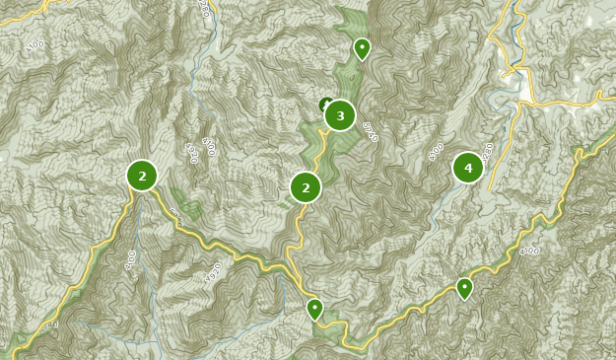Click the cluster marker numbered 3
[x=340, y=115]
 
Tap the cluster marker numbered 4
[x=468, y=168]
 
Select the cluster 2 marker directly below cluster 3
[x=306, y=187]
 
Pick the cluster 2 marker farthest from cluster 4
[x=142, y=176]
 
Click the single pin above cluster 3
[x=362, y=48]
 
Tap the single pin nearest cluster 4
[x=464, y=288]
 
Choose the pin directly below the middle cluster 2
[x=314, y=309]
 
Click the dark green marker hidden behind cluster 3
[x=325, y=105]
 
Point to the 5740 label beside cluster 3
[x=370, y=132]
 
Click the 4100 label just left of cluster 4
[x=436, y=152]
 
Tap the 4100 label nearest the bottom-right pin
[x=529, y=251]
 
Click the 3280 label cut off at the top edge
[x=203, y=7]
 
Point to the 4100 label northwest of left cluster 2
[x=34, y=45]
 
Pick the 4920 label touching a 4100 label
[x=190, y=152]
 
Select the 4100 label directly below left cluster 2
[x=131, y=259]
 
